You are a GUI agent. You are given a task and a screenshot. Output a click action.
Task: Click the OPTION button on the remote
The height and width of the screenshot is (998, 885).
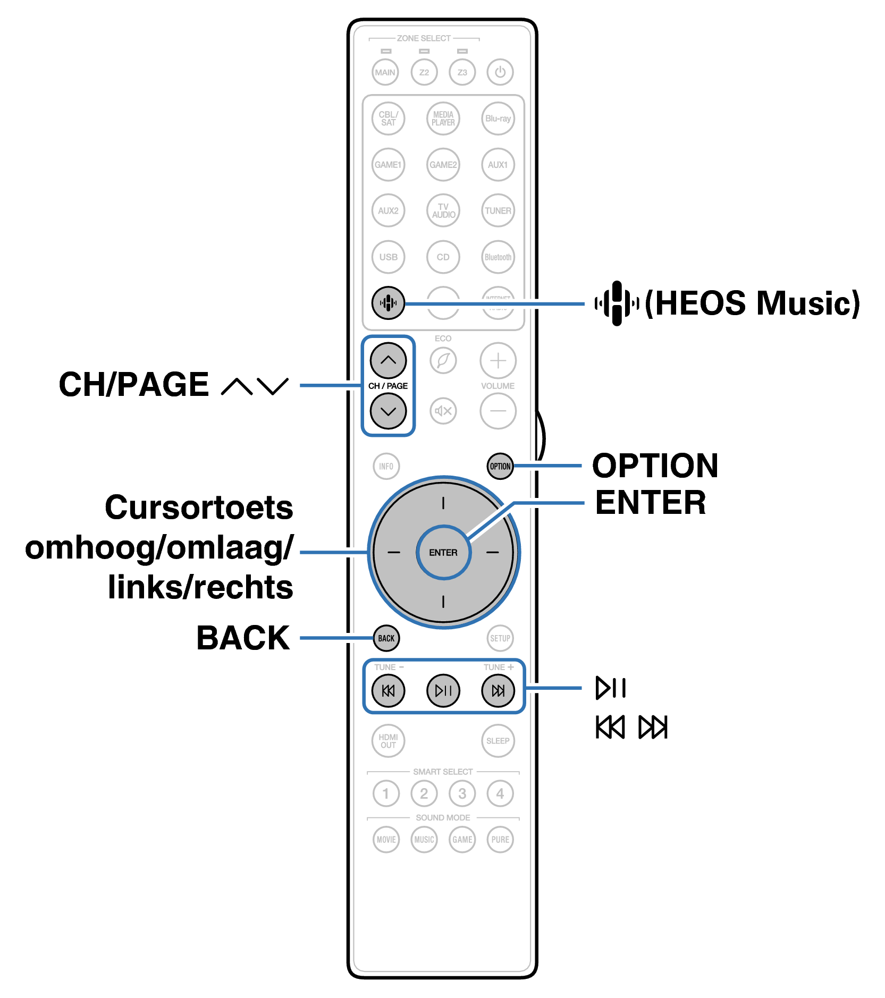point(500,466)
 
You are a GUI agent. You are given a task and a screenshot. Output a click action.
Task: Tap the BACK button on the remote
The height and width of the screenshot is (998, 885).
point(386,638)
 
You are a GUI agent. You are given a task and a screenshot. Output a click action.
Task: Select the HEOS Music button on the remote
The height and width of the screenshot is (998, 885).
point(388,303)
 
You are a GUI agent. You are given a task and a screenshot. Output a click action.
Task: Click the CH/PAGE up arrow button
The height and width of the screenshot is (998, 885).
point(388,360)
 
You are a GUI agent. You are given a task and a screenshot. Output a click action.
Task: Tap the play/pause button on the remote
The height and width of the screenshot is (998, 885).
point(443,690)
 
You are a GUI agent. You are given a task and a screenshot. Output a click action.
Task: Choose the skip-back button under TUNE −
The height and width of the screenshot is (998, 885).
point(388,690)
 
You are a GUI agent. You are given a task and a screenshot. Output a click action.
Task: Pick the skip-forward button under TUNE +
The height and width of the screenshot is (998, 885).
point(498,690)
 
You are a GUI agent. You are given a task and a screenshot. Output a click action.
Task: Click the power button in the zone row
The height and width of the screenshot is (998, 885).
point(500,72)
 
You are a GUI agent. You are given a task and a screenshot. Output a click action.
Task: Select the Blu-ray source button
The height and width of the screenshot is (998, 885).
point(498,119)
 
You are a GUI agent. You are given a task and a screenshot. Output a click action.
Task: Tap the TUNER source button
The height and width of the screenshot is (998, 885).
point(498,210)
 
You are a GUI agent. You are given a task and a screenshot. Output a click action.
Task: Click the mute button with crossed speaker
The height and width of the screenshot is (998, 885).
point(443,411)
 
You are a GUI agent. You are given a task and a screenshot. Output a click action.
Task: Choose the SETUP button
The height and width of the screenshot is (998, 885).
point(500,638)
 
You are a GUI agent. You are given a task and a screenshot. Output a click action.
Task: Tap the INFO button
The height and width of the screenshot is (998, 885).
point(386,466)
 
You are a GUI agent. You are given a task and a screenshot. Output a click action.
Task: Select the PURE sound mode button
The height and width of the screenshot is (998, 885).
point(500,839)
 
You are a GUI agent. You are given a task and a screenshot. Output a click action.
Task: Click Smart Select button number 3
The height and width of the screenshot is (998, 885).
point(462,793)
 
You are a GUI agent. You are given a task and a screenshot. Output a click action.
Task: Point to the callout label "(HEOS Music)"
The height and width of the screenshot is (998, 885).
point(752,303)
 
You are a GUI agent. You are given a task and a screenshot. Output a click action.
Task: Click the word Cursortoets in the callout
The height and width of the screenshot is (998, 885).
point(199,507)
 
